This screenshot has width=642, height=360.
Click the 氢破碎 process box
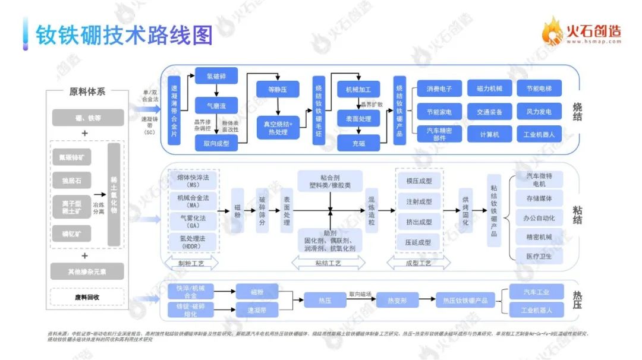click(x=216, y=75)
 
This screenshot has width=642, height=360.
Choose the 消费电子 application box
click(x=439, y=90)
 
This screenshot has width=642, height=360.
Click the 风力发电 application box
click(x=539, y=112)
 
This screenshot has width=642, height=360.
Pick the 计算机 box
click(x=489, y=134)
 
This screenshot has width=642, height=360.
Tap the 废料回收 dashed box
click(x=87, y=296)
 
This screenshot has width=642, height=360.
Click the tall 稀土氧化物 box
click(x=115, y=194)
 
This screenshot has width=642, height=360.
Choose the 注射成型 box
click(x=418, y=202)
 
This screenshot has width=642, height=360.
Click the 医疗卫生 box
click(x=539, y=256)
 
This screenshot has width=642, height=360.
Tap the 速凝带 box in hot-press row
click(x=257, y=309)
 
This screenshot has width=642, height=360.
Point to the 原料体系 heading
click(x=87, y=92)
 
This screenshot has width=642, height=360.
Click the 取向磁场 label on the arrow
click(x=360, y=294)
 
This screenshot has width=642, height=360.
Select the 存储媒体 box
click(x=539, y=198)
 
